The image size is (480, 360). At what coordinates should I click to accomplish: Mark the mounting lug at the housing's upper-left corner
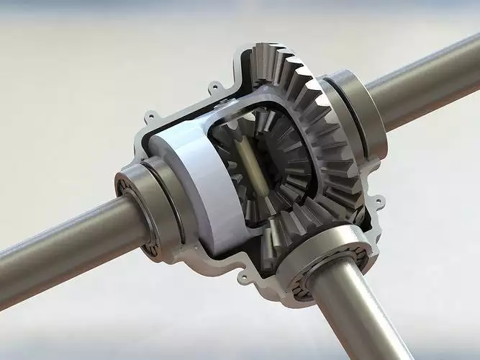[x=150, y=115]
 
